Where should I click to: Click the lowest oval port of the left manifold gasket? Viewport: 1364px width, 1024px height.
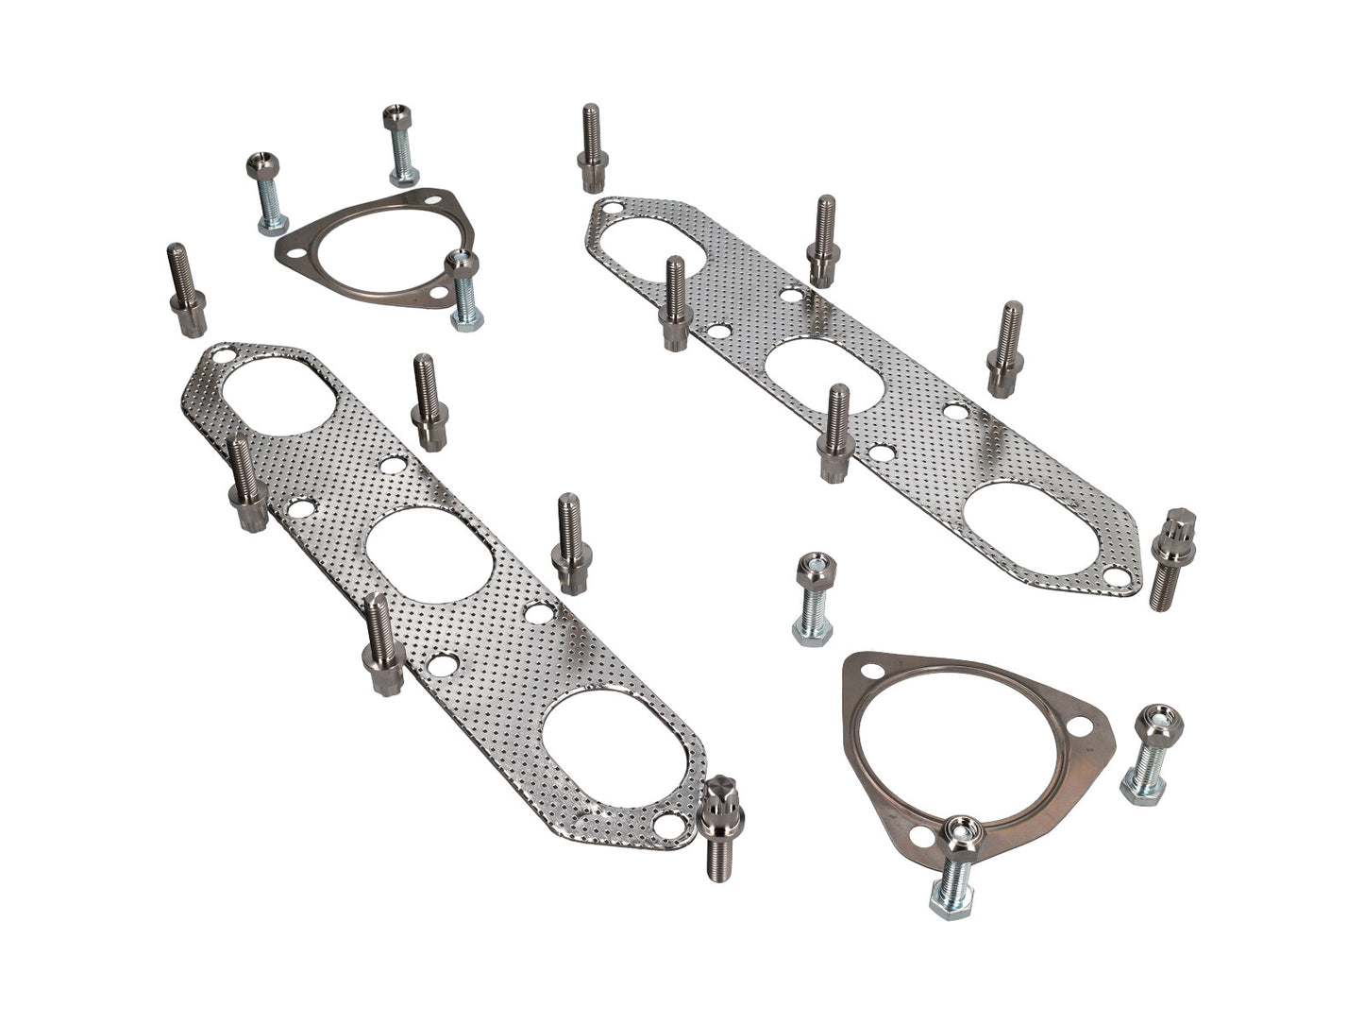[615, 746]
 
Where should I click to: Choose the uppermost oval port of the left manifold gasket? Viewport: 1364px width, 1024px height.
[278, 396]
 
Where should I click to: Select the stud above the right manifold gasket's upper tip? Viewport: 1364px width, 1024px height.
[592, 147]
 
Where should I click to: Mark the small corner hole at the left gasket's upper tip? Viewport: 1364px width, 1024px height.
[223, 357]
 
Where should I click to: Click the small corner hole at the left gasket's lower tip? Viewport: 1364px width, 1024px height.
[668, 825]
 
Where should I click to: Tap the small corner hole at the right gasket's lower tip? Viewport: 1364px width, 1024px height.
[1117, 577]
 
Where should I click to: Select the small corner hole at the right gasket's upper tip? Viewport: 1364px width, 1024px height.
[613, 206]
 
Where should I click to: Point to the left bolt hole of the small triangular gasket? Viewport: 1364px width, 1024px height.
[295, 253]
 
